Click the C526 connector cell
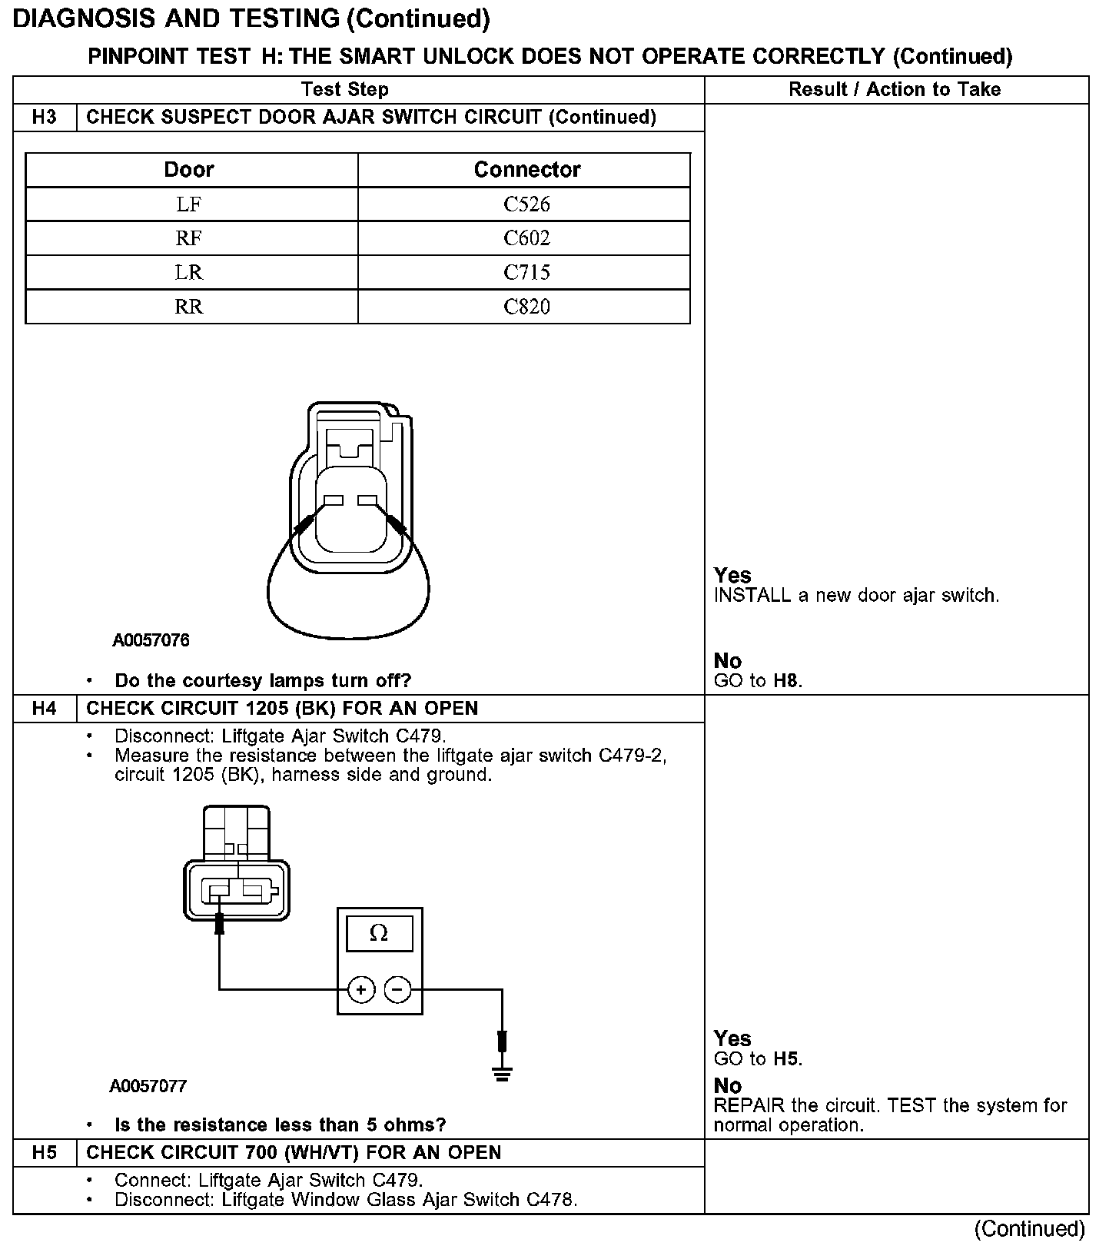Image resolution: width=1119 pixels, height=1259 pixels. [x=526, y=204]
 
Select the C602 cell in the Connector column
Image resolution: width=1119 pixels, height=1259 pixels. [x=526, y=238]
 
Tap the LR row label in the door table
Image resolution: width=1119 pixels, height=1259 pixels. [x=189, y=272]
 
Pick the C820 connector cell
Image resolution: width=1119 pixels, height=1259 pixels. [x=526, y=307]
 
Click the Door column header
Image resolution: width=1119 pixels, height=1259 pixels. [x=189, y=169]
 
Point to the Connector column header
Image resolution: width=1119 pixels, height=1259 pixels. [x=526, y=169]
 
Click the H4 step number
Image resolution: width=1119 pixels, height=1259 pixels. [x=45, y=708]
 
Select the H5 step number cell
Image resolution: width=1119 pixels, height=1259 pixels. [x=45, y=1152]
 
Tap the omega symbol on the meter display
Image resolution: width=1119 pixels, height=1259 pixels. [x=379, y=933]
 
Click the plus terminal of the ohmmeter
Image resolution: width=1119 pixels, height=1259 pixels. [x=360, y=989]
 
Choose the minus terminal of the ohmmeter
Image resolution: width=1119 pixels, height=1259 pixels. [x=397, y=989]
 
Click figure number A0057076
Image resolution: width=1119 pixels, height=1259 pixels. [x=151, y=640]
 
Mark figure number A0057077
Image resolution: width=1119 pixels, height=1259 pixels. [x=148, y=1086]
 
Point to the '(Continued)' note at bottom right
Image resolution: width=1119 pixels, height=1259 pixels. [x=1029, y=1229]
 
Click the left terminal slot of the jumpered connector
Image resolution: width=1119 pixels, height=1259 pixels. [x=333, y=501]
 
